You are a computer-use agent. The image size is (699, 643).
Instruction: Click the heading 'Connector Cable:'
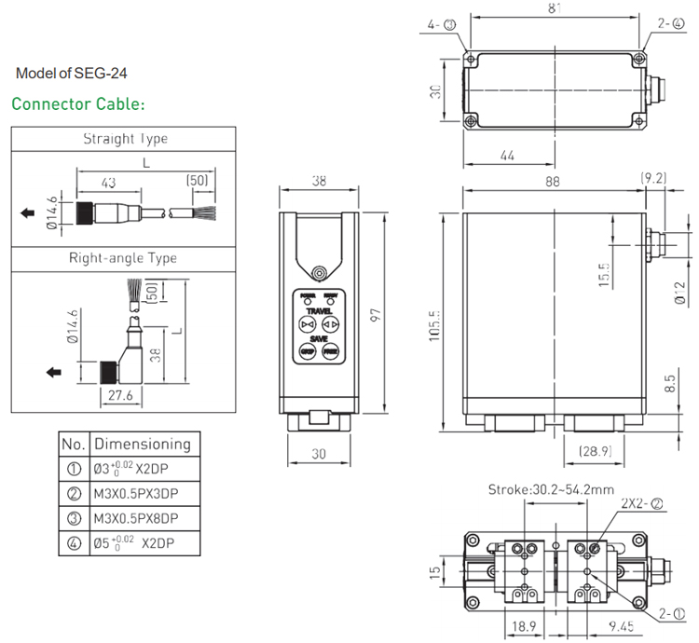[x=78, y=103]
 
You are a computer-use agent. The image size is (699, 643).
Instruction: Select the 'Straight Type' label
[x=126, y=139]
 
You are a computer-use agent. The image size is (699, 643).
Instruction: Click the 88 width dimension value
[x=554, y=183]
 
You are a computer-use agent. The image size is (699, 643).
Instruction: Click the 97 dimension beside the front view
[x=375, y=315]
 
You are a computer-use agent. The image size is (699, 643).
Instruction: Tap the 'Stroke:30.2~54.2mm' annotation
[x=551, y=489]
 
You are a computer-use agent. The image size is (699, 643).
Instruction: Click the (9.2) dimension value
[x=654, y=177]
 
